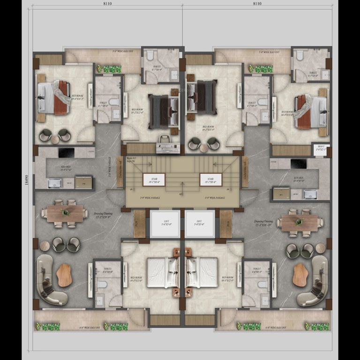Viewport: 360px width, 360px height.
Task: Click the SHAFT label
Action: (x=321, y=148)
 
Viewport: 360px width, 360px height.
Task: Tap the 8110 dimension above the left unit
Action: (x=107, y=4)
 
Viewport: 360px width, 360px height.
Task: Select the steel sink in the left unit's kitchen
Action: (x=54, y=183)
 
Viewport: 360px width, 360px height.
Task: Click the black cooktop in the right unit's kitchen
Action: (x=298, y=164)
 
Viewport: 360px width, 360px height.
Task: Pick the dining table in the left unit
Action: (x=65, y=213)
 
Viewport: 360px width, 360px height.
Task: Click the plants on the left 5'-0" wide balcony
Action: (x=112, y=69)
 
